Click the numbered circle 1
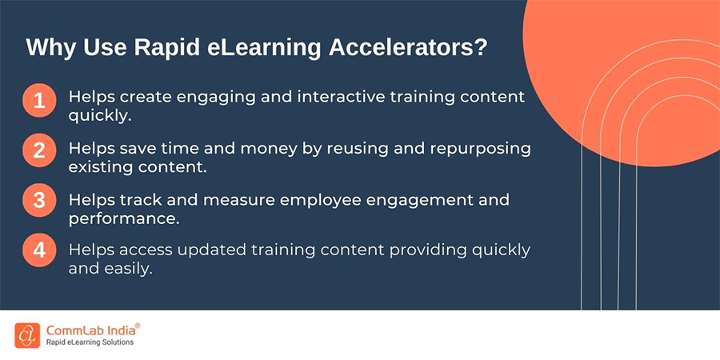[38, 102]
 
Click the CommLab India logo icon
[26, 334]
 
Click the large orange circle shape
[640, 72]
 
